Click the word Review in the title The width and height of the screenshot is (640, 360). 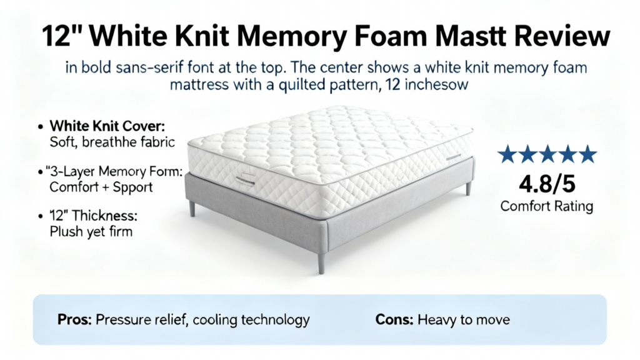(562, 36)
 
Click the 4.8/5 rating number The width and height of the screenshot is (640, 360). (547, 184)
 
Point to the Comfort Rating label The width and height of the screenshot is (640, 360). (547, 206)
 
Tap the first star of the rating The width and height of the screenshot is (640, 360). (507, 154)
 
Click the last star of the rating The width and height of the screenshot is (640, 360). (587, 154)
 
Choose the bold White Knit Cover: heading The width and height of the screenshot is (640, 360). (107, 126)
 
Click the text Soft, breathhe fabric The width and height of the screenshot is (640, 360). (112, 142)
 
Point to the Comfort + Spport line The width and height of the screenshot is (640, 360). (101, 187)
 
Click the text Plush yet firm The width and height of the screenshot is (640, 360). (91, 231)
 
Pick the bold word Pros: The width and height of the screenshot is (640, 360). (75, 319)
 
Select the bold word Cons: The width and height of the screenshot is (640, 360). (394, 319)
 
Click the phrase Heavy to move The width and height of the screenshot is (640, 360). (464, 319)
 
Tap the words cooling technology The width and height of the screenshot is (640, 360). (251, 319)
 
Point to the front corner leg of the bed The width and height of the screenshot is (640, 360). (321, 263)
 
